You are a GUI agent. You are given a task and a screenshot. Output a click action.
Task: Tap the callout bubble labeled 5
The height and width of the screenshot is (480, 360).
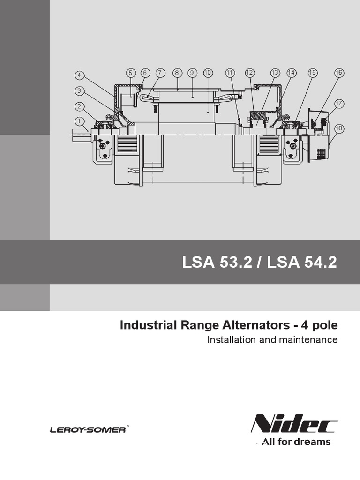click(x=131, y=73)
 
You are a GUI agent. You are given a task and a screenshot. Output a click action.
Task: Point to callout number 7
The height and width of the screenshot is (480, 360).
click(x=161, y=73)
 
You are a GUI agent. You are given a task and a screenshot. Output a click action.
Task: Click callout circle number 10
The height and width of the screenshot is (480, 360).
click(x=208, y=73)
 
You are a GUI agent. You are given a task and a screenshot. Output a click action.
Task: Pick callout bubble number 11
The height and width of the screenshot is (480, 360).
click(x=230, y=73)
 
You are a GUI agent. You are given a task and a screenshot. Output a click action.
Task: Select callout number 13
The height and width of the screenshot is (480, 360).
click(x=275, y=73)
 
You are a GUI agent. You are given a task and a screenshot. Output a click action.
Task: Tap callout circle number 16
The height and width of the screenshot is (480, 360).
click(x=339, y=73)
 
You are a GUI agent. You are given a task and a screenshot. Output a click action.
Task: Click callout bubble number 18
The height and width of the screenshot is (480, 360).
click(x=339, y=128)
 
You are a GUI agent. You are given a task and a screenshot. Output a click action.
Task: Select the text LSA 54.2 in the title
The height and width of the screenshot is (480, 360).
click(x=302, y=262)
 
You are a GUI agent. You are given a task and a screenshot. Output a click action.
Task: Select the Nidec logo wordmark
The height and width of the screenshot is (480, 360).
click(x=294, y=425)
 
